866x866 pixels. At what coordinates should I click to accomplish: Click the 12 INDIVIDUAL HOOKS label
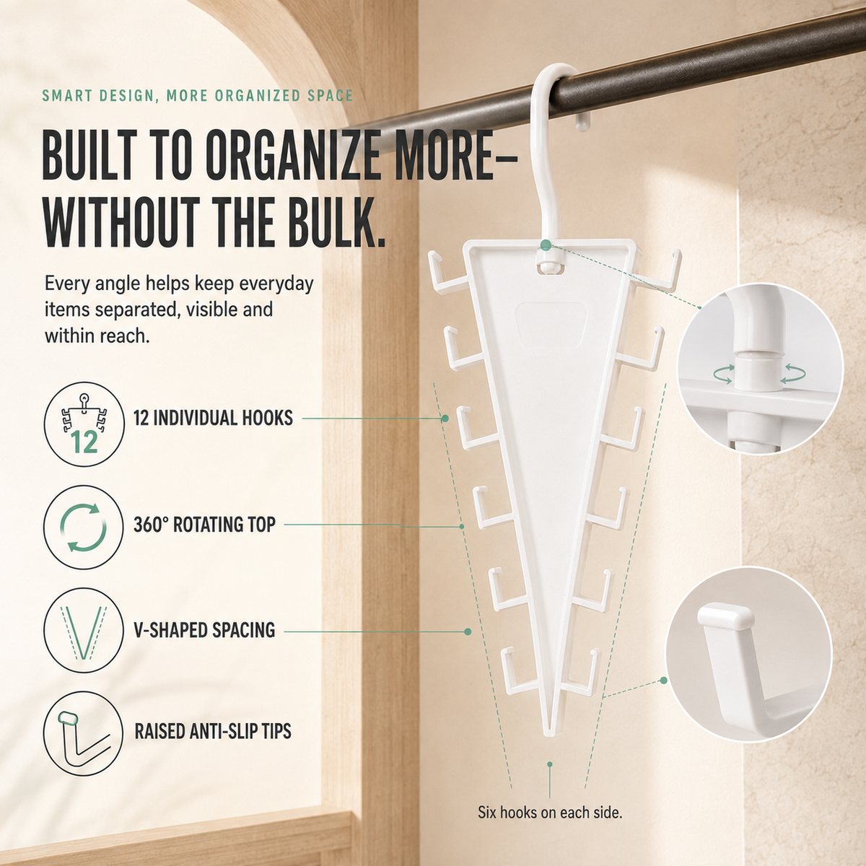[213, 418]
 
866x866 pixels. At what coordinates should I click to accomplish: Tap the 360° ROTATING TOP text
[204, 525]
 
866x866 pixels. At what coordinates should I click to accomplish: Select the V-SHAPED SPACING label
[204, 630]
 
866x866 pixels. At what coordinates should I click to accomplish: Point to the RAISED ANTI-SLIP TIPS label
[213, 731]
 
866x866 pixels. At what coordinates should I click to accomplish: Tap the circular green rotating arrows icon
[84, 528]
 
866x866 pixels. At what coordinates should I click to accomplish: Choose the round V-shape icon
[84, 631]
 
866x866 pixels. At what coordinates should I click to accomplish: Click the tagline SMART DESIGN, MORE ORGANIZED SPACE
[198, 96]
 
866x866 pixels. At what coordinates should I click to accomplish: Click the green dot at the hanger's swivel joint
[546, 245]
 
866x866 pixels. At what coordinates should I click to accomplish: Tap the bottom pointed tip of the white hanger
[551, 734]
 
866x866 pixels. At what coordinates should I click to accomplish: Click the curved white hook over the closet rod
[552, 144]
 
